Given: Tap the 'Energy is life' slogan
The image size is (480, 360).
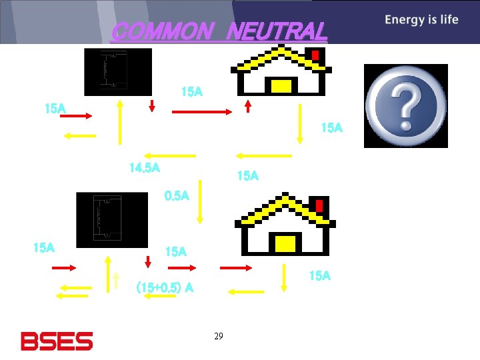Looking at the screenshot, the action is click(421, 19).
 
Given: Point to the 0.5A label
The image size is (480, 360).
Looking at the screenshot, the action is click(177, 196).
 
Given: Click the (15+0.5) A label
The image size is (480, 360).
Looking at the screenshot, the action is click(165, 287).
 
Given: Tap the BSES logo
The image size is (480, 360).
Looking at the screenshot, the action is click(57, 341).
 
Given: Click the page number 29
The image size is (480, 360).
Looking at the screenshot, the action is click(219, 337).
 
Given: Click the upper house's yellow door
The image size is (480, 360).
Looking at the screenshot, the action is click(281, 86).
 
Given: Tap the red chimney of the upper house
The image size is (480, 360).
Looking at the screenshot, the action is click(315, 54).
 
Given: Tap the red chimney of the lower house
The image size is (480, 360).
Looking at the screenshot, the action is click(319, 205).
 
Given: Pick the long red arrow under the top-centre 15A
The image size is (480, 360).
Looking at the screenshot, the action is click(201, 112).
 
